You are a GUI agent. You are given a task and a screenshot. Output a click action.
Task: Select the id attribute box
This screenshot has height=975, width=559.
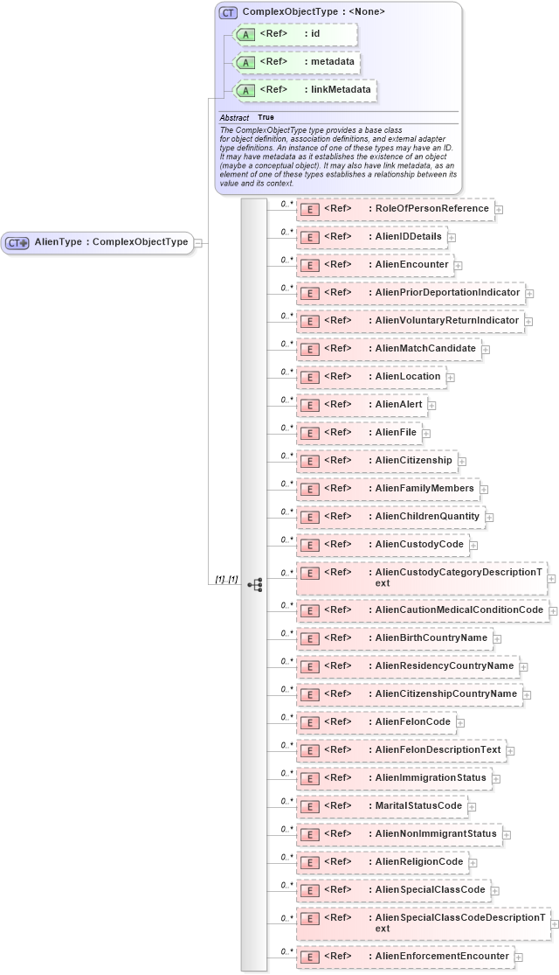[x=296, y=34]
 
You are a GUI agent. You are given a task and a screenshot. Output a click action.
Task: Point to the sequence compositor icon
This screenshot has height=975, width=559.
[x=255, y=584]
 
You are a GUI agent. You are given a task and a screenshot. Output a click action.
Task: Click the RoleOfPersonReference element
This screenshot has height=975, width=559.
[x=395, y=210]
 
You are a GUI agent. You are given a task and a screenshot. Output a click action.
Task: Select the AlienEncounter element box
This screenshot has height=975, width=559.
[x=375, y=265]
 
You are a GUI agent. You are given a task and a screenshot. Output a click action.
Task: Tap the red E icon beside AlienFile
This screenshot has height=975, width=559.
[x=309, y=433]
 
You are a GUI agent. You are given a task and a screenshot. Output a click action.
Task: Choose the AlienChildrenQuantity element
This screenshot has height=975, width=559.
[x=390, y=517]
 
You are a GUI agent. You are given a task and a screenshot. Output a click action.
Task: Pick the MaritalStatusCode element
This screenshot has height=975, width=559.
[x=382, y=805]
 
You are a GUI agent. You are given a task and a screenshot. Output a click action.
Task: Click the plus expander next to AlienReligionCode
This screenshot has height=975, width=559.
[x=473, y=862]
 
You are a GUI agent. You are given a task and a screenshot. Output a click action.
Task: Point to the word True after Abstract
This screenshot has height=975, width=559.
[x=266, y=117]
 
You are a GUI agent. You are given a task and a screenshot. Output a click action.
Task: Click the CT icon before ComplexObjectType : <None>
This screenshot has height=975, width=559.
[x=229, y=12]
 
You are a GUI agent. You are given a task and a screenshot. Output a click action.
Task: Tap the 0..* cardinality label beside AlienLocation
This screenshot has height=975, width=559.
[x=286, y=372]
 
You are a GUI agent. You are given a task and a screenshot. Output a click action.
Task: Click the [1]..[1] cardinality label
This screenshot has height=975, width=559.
[x=227, y=580]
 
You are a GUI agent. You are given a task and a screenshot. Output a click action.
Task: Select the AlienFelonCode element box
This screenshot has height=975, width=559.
[x=376, y=722]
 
